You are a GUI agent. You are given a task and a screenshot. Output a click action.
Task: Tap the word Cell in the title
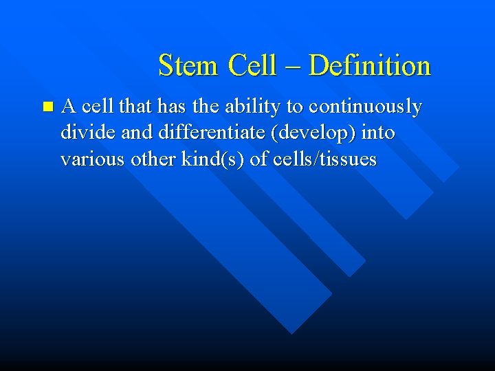tap(252, 66)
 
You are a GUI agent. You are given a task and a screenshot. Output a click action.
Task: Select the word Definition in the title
tap(370, 66)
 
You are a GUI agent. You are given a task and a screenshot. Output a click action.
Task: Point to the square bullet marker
tap(46, 107)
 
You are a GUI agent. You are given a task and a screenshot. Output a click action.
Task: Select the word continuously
tap(366, 107)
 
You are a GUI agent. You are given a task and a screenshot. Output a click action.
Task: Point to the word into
tap(377, 133)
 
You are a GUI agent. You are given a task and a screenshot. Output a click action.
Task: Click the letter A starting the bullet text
tap(68, 107)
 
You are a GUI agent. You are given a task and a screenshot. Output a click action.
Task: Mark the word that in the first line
tap(135, 107)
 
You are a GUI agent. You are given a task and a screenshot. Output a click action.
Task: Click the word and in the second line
tap(124, 133)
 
